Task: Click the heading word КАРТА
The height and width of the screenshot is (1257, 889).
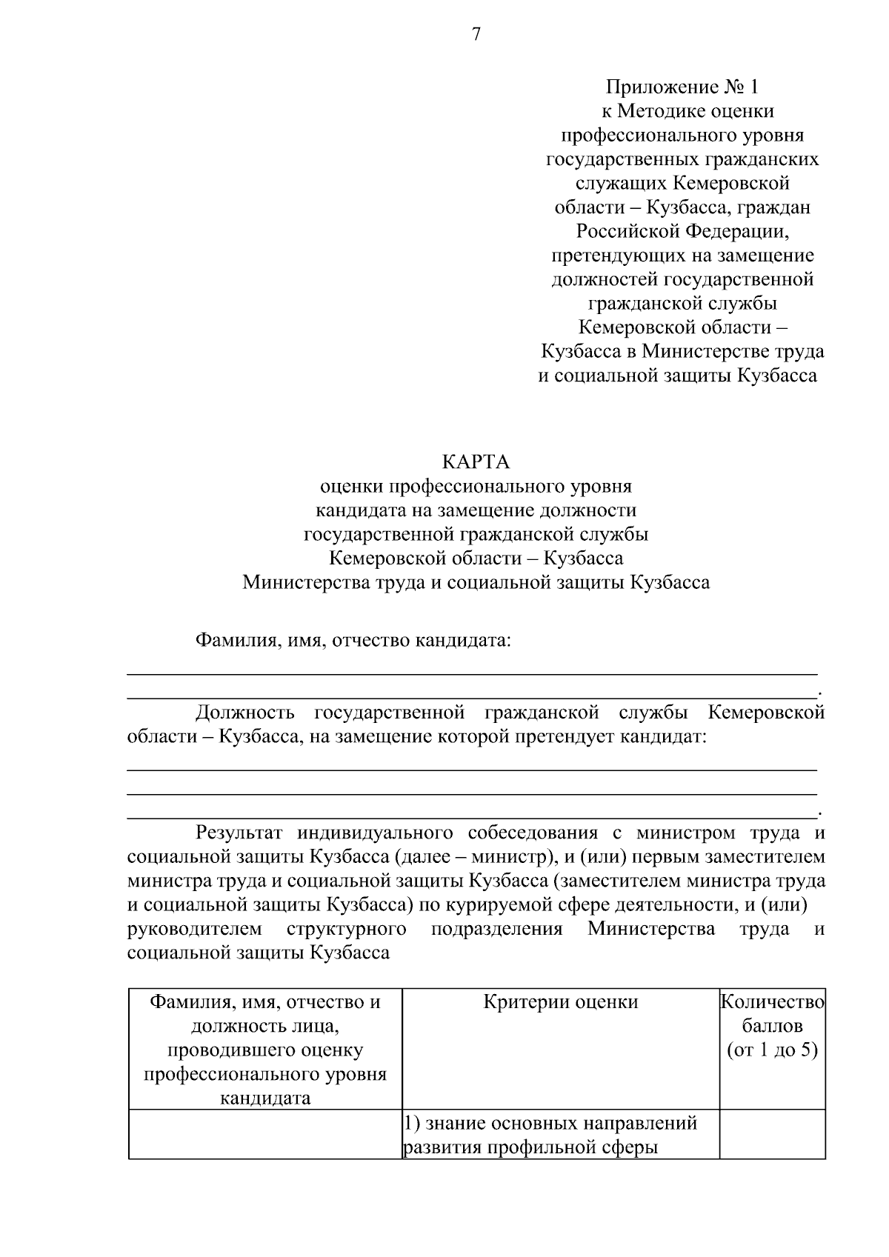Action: (x=476, y=462)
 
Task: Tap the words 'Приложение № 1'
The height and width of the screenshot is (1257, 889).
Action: (x=682, y=87)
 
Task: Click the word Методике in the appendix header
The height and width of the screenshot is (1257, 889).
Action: (x=661, y=111)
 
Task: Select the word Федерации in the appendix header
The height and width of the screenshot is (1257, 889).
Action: (x=736, y=231)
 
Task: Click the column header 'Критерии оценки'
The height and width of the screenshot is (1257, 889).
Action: (x=560, y=1002)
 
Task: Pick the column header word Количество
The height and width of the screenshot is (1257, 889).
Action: (x=773, y=1002)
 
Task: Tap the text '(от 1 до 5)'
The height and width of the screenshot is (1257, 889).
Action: (x=773, y=1050)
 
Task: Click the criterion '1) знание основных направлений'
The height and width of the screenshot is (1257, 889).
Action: (x=550, y=1124)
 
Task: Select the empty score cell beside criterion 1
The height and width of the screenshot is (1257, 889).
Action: (x=773, y=1134)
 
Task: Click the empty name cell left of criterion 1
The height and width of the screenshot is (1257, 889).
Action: (x=264, y=1134)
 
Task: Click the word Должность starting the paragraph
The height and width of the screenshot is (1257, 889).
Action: (x=244, y=713)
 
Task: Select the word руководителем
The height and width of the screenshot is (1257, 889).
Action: (x=194, y=929)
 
